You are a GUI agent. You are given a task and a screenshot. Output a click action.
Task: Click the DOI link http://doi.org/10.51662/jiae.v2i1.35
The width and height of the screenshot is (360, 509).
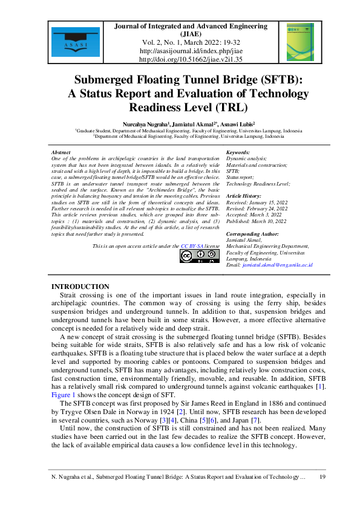[191, 60]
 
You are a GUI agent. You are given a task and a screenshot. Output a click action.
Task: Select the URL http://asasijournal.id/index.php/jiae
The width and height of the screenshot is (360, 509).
[191, 51]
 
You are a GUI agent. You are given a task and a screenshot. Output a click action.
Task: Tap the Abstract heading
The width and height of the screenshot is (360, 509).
[62, 152]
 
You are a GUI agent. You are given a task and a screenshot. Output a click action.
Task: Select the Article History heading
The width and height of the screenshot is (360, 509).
[244, 197]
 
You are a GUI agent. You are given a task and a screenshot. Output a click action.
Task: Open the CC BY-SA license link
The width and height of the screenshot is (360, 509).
[192, 247]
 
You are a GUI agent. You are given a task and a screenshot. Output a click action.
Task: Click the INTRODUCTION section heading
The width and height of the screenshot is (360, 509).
[80, 286]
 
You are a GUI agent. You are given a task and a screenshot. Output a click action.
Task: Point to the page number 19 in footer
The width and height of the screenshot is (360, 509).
[322, 477]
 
